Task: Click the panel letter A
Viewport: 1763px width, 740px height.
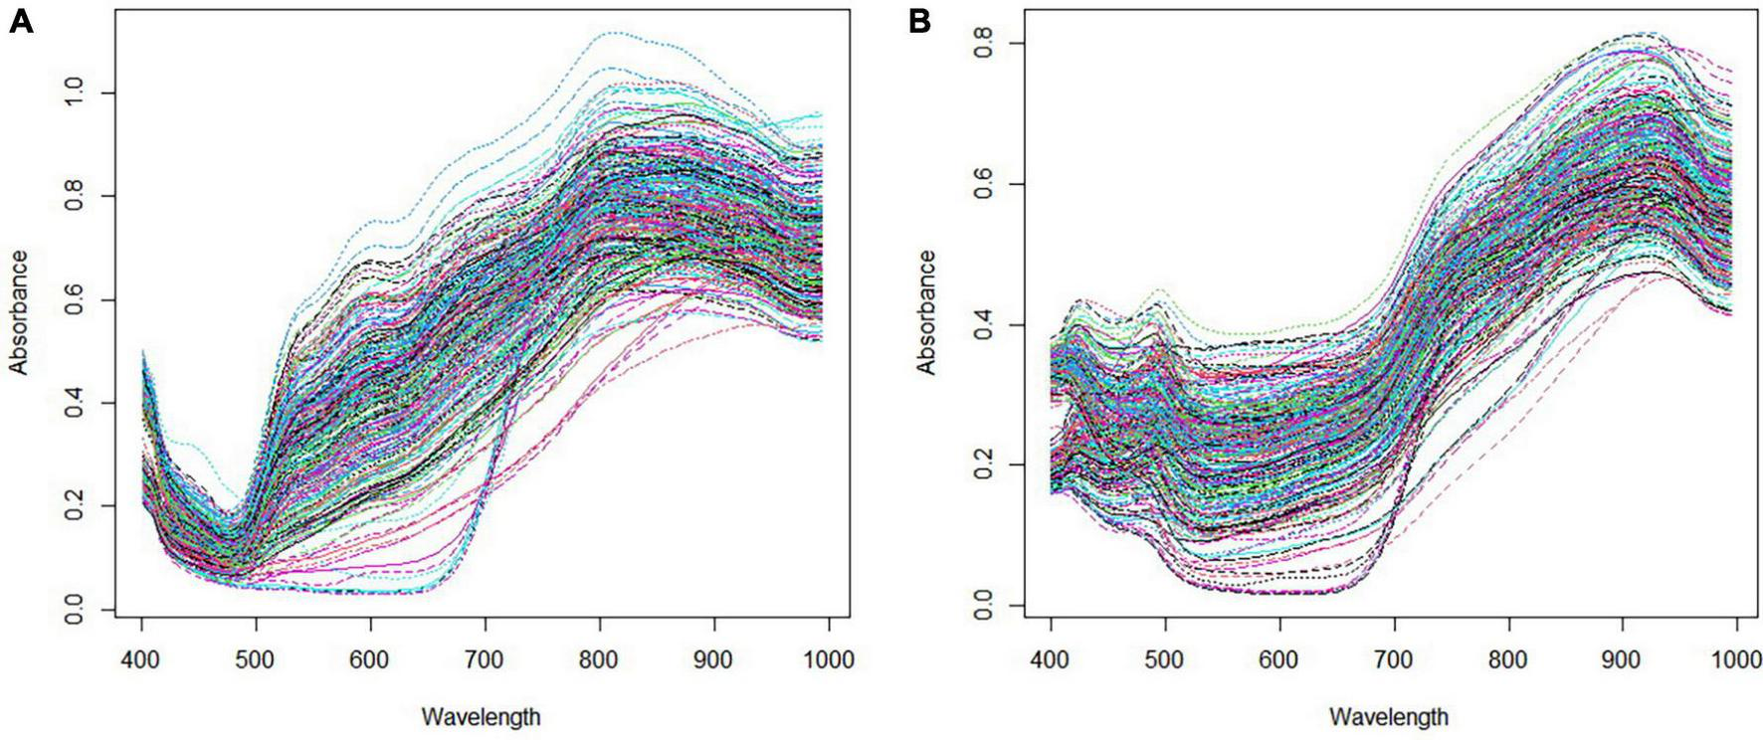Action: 20,21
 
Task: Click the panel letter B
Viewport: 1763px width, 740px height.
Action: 919,21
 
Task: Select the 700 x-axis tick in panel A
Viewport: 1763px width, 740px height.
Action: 485,658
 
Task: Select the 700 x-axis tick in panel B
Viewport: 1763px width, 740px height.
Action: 1394,658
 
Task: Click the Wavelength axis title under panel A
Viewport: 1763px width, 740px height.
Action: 481,716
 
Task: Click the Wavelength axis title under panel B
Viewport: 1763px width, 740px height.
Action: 1388,716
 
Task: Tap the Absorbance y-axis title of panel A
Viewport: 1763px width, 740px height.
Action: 19,312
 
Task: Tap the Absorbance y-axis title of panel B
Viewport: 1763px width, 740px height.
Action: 927,312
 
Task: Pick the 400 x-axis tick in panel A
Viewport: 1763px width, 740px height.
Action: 141,658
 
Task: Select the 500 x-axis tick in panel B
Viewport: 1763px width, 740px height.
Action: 1165,658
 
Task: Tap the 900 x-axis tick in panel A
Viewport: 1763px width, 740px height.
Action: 713,658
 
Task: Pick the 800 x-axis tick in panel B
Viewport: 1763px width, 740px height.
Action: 1508,658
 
